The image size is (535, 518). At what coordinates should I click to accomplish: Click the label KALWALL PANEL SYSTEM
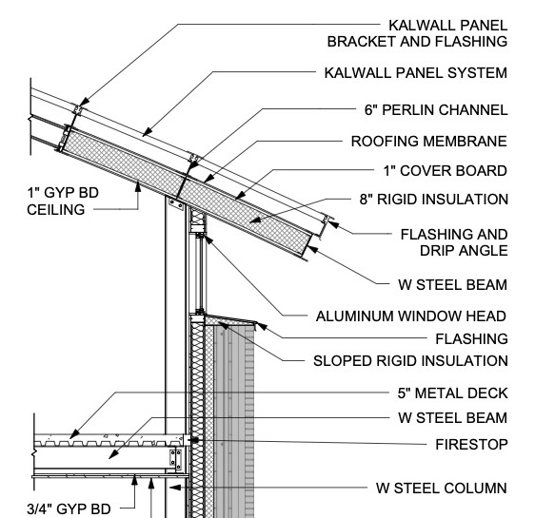[x=416, y=73]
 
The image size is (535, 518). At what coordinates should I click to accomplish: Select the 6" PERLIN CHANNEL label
[x=436, y=110]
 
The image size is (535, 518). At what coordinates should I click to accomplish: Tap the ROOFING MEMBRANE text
[x=429, y=142]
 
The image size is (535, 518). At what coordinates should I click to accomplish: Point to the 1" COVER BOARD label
[x=446, y=171]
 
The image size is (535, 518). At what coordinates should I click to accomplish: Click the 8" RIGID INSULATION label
[x=434, y=200]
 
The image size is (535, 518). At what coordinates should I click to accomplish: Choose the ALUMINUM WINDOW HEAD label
[x=411, y=317]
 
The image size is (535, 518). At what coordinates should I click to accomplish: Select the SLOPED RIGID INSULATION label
[x=410, y=361]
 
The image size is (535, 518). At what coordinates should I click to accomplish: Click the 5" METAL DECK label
[x=452, y=393]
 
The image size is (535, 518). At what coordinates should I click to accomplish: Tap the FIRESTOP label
[x=471, y=445]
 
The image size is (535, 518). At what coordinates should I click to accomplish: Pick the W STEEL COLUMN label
[x=441, y=488]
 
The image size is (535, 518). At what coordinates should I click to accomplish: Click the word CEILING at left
[x=56, y=209]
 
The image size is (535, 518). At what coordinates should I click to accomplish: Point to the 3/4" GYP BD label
[x=69, y=508]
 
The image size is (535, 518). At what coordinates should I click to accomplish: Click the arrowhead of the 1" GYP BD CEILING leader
[x=138, y=187]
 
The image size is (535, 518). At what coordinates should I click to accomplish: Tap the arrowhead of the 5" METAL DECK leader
[x=74, y=434]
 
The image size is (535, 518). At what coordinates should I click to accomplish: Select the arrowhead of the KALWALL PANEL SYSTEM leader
[x=147, y=131]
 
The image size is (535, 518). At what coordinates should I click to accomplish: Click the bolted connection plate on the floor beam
[x=175, y=458]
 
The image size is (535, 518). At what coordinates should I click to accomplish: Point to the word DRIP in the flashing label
[x=437, y=251]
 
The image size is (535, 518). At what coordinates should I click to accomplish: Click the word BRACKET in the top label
[x=362, y=42]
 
